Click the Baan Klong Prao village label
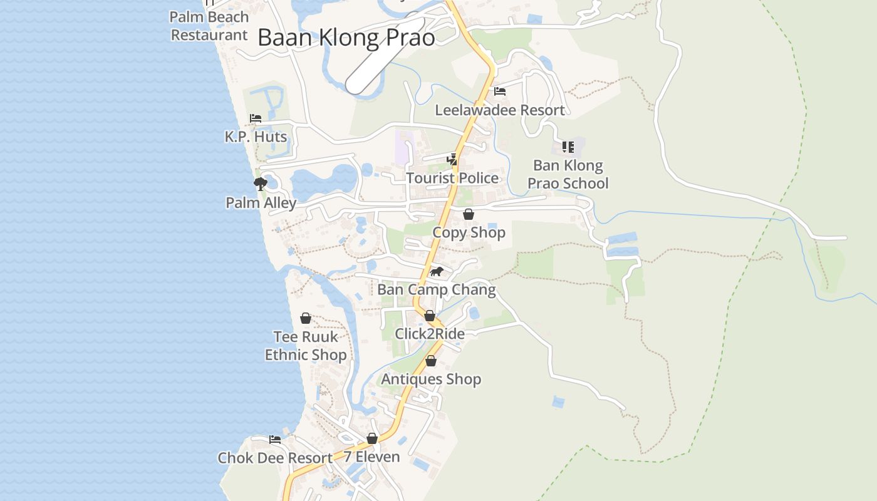tap(346, 38)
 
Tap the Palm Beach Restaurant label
tap(209, 26)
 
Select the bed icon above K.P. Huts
tap(255, 118)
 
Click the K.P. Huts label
tap(256, 137)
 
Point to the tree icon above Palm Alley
tap(260, 183)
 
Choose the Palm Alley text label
tap(261, 203)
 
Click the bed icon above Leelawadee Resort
tap(500, 91)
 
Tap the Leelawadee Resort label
tap(500, 110)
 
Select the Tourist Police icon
tap(452, 160)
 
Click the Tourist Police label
tap(452, 178)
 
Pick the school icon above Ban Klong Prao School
tap(568, 147)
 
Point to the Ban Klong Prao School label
tap(568, 174)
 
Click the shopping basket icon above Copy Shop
tap(469, 214)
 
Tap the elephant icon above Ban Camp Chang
tap(437, 271)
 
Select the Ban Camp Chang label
tap(437, 290)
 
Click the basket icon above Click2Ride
tap(430, 316)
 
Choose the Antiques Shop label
tap(431, 379)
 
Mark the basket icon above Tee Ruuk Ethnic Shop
tap(306, 318)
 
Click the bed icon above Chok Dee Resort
tap(274, 439)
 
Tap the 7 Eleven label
tap(371, 457)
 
